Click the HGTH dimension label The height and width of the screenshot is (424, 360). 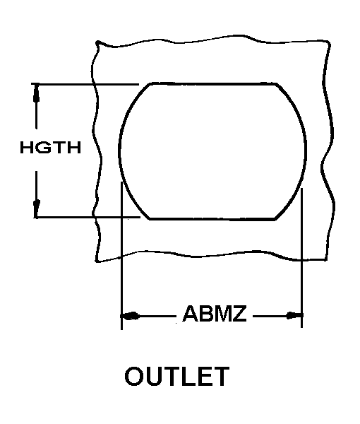point(51,148)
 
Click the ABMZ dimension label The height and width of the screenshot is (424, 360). point(215,313)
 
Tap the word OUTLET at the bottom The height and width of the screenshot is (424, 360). point(177,376)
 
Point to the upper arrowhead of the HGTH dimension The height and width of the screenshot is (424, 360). point(36,93)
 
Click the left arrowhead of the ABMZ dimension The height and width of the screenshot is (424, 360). point(131,316)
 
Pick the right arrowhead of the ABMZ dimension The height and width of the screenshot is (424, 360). point(294,315)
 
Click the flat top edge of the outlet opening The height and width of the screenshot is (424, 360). point(212,84)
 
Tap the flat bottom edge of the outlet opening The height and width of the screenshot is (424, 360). point(212,219)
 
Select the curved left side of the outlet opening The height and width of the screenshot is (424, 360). point(119,151)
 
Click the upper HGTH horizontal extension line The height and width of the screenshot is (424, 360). point(85,84)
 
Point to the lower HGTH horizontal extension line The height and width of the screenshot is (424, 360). point(88,217)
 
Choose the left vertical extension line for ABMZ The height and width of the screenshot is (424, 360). point(122,256)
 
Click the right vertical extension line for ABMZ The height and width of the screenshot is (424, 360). point(301,258)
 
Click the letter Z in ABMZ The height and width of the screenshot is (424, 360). point(239,314)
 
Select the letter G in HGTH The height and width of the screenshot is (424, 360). point(42,148)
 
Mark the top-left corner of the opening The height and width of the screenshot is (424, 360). point(150,84)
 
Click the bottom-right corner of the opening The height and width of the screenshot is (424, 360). point(275,218)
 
